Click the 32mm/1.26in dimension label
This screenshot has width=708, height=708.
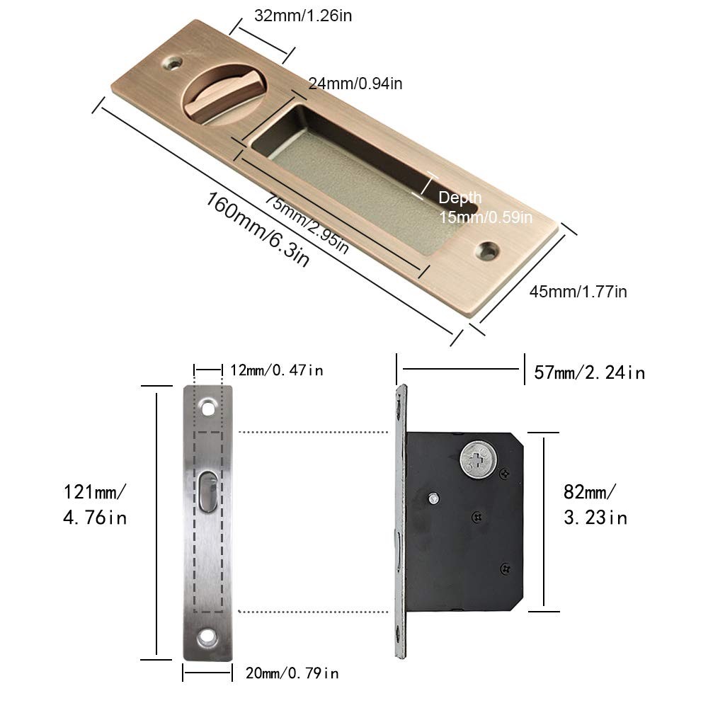pyautogui.click(x=303, y=16)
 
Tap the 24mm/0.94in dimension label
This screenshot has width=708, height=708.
pyautogui.click(x=355, y=84)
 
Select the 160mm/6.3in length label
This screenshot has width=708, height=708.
pyautogui.click(x=258, y=229)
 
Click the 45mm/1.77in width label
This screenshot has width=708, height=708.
pyautogui.click(x=578, y=292)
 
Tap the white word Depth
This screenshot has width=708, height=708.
pyautogui.click(x=459, y=198)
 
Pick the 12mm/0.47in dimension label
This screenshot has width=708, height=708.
pyautogui.click(x=277, y=371)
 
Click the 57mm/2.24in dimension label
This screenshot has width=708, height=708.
pyautogui.click(x=589, y=373)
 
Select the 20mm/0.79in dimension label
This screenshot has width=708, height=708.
pyautogui.click(x=292, y=674)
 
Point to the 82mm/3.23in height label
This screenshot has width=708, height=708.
pyautogui.click(x=595, y=505)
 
